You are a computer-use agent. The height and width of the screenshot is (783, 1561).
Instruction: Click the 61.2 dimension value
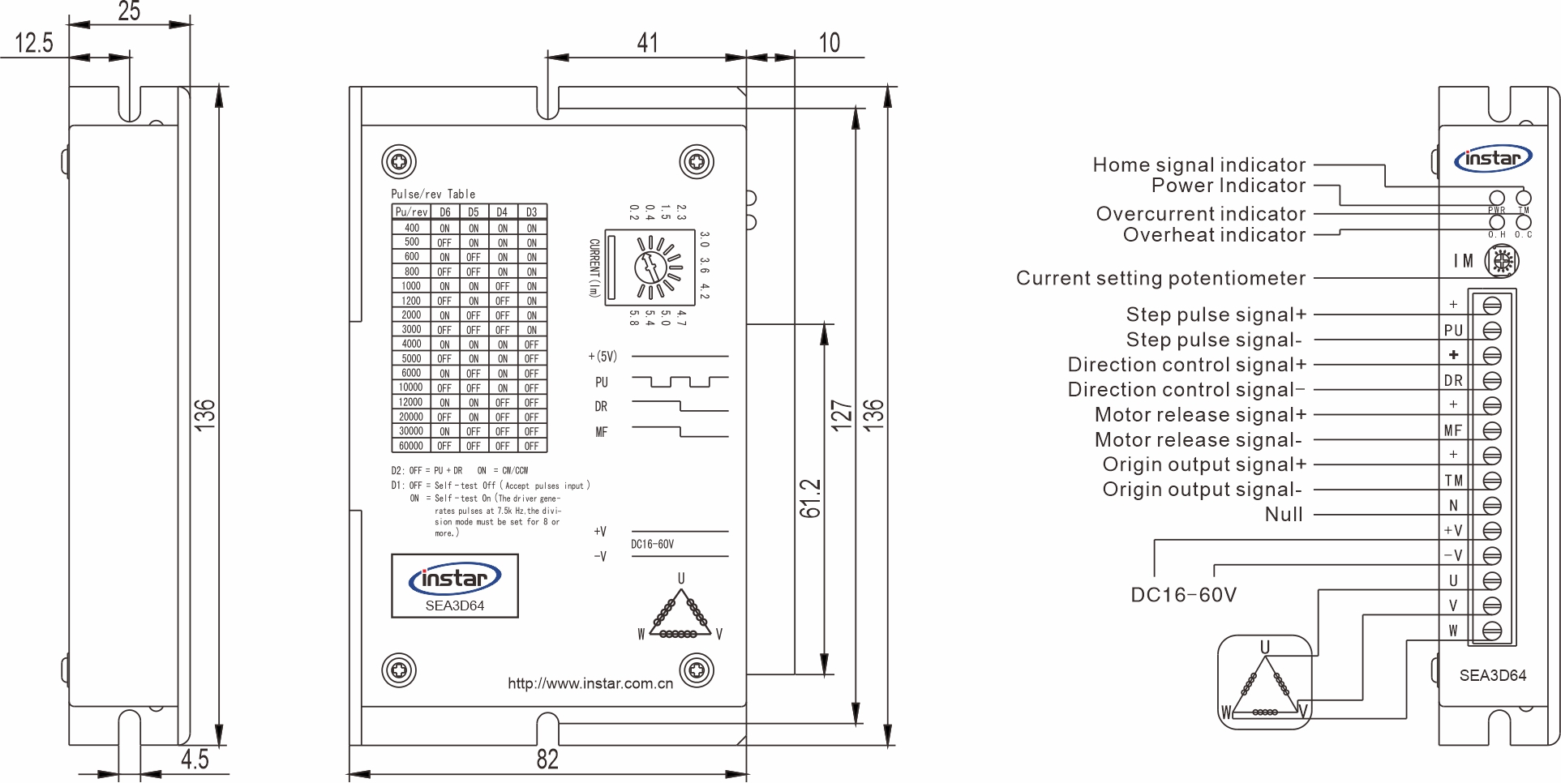point(811,498)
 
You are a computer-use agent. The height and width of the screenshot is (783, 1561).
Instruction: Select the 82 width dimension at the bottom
point(547,759)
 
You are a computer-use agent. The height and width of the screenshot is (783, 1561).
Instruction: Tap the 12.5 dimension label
point(34,42)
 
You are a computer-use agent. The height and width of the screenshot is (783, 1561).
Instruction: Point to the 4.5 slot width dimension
point(195,759)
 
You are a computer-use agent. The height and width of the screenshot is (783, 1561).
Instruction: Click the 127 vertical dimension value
point(842,414)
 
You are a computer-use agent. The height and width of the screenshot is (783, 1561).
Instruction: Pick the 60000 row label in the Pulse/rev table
point(411,446)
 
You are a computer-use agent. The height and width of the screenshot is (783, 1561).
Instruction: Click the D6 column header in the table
point(444,212)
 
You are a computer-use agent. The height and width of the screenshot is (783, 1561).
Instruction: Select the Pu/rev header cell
point(411,212)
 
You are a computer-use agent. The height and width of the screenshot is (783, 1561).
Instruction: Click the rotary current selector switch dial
point(651,266)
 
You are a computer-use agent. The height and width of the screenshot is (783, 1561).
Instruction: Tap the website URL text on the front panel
point(590,683)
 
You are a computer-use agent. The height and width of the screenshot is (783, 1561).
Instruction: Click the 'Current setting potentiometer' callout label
point(1160,278)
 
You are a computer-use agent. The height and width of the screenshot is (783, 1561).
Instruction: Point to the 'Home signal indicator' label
point(1199,165)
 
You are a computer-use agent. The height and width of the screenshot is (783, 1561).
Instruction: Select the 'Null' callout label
point(1284,514)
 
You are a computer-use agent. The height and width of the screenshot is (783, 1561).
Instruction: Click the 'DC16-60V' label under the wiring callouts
point(1183,595)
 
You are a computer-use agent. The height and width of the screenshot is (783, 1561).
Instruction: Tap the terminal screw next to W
point(1491,631)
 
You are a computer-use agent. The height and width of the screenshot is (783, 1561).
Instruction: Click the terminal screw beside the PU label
point(1491,331)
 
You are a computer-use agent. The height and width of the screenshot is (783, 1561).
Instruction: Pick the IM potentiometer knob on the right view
point(1501,261)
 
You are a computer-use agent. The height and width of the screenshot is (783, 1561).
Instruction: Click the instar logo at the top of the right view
point(1493,159)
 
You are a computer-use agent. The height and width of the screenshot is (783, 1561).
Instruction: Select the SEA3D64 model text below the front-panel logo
point(454,605)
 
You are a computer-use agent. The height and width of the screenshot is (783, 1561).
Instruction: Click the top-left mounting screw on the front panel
point(399,162)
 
